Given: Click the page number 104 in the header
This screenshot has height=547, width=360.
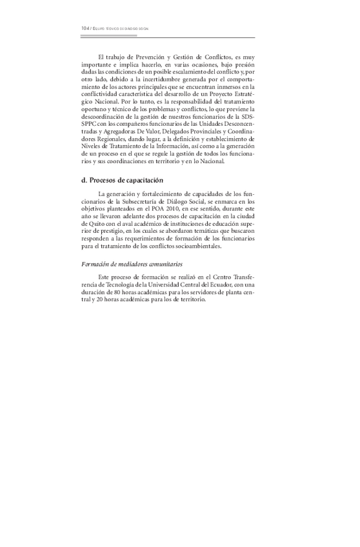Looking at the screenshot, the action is click(85, 29).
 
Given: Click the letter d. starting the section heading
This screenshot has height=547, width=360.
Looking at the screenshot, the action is click(85, 180).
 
